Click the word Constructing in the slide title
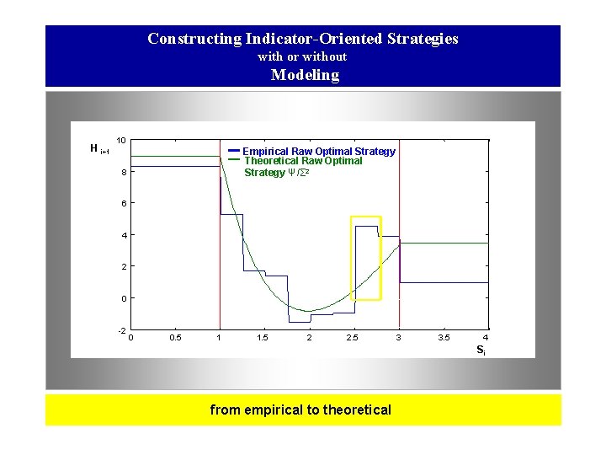point(194,39)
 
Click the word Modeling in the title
point(305,75)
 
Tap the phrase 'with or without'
point(302,56)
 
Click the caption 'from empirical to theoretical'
point(300,410)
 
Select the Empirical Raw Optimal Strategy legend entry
point(318,151)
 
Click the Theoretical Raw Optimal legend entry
point(303,161)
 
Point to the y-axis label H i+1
point(98,149)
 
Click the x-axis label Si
point(480,349)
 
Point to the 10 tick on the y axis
point(122,140)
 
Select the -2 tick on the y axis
point(121,329)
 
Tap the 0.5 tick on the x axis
point(174,338)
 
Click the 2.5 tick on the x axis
point(353,338)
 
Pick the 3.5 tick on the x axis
point(443,338)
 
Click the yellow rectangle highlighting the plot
point(352,258)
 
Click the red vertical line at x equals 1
point(220,253)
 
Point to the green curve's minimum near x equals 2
point(310,311)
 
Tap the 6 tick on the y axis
point(122,204)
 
